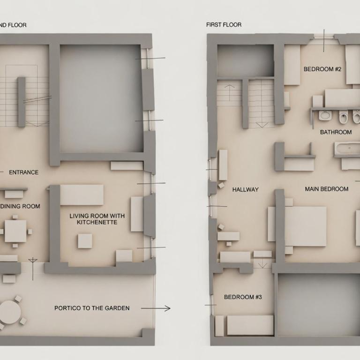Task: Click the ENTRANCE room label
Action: [x=23, y=172]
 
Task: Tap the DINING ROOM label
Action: [x=20, y=206]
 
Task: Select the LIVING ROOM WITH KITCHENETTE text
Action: [x=97, y=219]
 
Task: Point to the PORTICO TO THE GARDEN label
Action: [x=92, y=308]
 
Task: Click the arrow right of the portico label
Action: [x=156, y=308]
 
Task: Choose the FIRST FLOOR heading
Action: [x=224, y=24]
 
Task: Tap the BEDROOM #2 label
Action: [x=322, y=69]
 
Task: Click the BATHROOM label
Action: [x=336, y=132]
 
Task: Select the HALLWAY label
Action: [x=246, y=189]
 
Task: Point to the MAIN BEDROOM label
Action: [x=326, y=189]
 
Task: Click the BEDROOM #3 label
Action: [x=243, y=297]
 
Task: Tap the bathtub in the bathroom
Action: [x=347, y=149]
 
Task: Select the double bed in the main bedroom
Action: [x=305, y=226]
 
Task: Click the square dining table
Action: [x=15, y=231]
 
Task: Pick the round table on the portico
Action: [x=10, y=312]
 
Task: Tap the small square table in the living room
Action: [x=85, y=241]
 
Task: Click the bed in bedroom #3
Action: [x=250, y=325]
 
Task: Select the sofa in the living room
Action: [x=82, y=195]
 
